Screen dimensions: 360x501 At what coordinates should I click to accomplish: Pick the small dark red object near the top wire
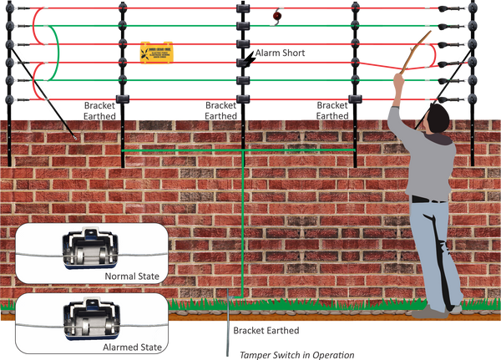279,14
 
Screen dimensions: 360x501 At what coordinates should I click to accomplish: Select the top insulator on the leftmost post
9,10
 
